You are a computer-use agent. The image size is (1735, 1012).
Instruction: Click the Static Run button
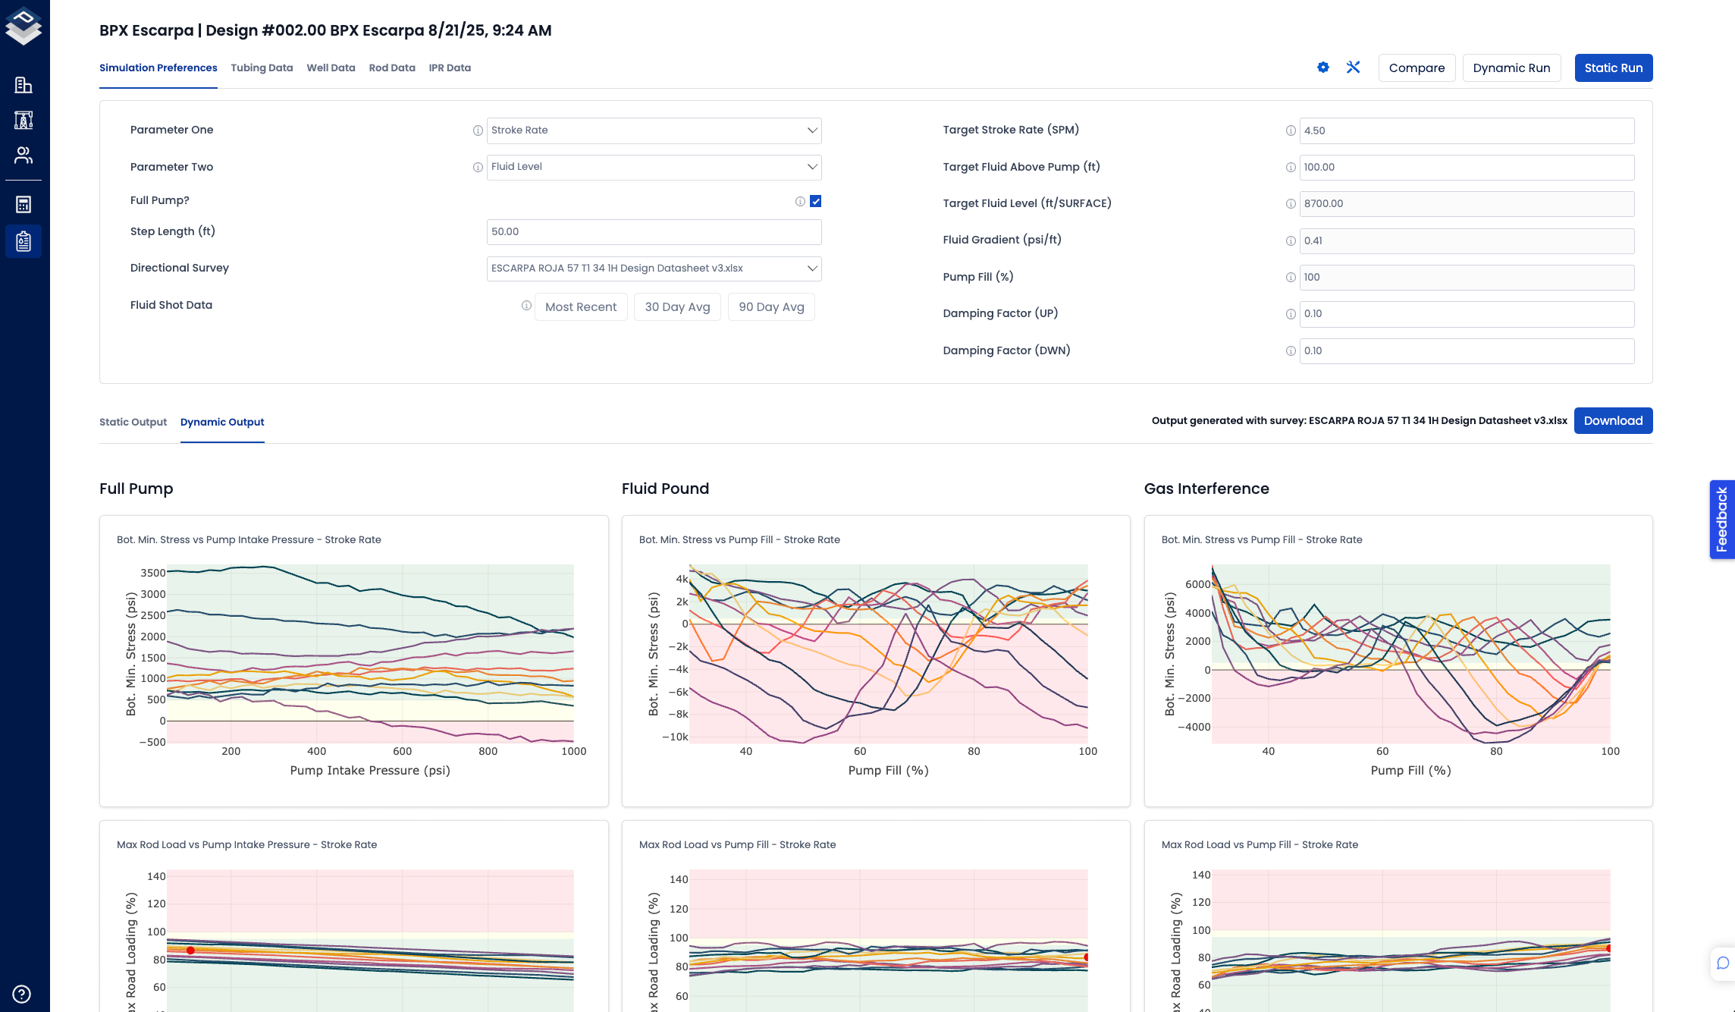pyautogui.click(x=1613, y=68)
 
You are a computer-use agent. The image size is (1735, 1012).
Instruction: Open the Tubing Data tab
pyautogui.click(x=262, y=68)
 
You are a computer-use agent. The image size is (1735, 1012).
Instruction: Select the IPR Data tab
pyautogui.click(x=450, y=68)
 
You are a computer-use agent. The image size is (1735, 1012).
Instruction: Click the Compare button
pyautogui.click(x=1416, y=68)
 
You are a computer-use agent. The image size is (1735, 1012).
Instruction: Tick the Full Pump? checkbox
pyautogui.click(x=815, y=201)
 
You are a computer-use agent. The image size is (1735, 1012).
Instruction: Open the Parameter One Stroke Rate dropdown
pyautogui.click(x=654, y=130)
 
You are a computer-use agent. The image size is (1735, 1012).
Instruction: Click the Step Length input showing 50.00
pyautogui.click(x=654, y=232)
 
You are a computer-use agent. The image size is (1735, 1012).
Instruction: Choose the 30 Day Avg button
pyautogui.click(x=677, y=307)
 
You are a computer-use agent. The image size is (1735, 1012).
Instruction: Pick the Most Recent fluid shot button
pyautogui.click(x=581, y=307)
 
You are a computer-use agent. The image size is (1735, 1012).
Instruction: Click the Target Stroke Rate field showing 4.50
pyautogui.click(x=1466, y=130)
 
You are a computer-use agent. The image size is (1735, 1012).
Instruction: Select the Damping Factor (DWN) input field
pyautogui.click(x=1466, y=351)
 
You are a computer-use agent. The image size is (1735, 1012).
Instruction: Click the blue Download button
pyautogui.click(x=1613, y=421)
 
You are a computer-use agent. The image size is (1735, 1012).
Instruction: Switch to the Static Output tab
pyautogui.click(x=133, y=423)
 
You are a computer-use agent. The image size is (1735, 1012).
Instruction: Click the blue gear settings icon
pyautogui.click(x=1323, y=68)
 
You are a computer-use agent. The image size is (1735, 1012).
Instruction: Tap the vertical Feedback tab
pyautogui.click(x=1721, y=520)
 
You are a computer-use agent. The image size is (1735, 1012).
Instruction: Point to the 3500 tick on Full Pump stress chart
pyautogui.click(x=153, y=574)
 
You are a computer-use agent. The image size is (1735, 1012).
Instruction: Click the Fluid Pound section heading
pyautogui.click(x=665, y=489)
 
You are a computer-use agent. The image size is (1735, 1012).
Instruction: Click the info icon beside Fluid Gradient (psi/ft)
pyautogui.click(x=1291, y=241)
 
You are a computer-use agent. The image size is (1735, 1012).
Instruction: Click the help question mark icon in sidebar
pyautogui.click(x=22, y=994)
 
